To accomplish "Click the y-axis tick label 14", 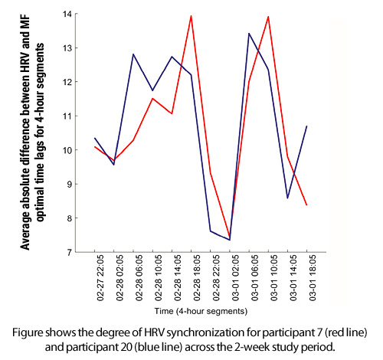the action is click(x=67, y=14).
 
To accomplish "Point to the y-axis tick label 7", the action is click(x=70, y=252).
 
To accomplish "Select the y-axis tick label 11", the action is click(x=67, y=116).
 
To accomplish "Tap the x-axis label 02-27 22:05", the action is click(x=100, y=278).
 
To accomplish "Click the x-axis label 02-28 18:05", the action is click(x=197, y=278).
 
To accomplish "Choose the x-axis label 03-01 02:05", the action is click(x=236, y=278).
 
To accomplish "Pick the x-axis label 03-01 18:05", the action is click(x=313, y=278).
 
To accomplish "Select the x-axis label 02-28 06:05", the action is click(x=139, y=278).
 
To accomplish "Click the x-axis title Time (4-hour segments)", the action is click(x=201, y=311).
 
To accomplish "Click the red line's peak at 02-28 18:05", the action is click(x=191, y=16).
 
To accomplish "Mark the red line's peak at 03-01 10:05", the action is click(x=268, y=17).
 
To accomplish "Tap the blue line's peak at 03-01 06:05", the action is click(x=249, y=34).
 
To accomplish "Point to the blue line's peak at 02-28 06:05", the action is click(x=133, y=54).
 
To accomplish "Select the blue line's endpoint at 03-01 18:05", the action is click(x=306, y=126).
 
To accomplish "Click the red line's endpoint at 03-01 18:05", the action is click(x=306, y=205).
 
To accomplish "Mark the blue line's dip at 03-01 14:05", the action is click(x=288, y=198).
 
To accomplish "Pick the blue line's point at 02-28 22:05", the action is click(x=211, y=231).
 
